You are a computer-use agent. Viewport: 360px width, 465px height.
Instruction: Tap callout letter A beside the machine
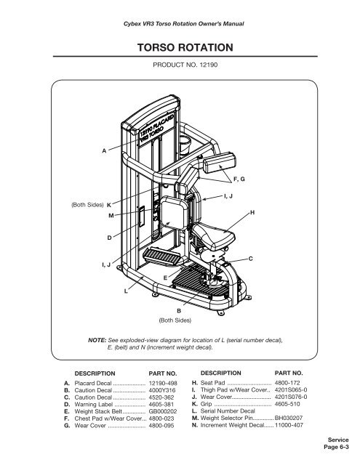pyautogui.click(x=104, y=150)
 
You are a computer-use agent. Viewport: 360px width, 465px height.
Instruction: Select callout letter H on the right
pyautogui.click(x=252, y=211)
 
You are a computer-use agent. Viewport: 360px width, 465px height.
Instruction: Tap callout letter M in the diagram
pyautogui.click(x=111, y=216)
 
